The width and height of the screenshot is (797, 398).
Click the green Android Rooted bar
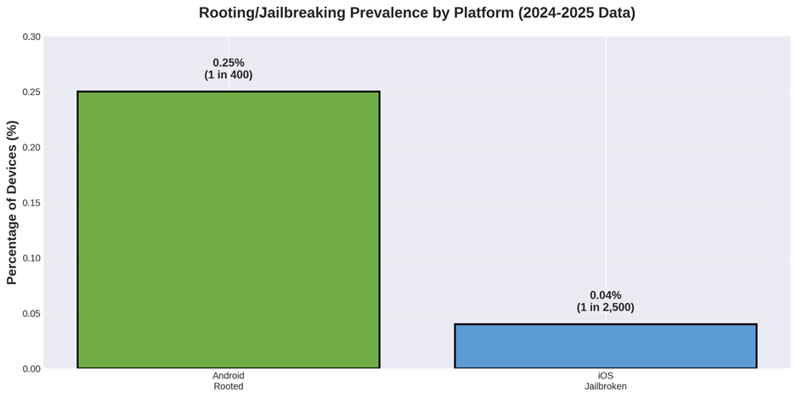[228, 229]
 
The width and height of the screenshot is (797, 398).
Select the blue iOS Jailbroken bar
[605, 345]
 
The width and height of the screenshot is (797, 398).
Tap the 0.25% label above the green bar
[229, 63]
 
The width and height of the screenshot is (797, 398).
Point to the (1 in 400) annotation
[229, 75]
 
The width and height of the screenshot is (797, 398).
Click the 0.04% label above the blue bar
[605, 295]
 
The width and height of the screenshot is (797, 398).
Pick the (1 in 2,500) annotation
[605, 307]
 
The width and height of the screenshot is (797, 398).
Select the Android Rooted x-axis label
[228, 381]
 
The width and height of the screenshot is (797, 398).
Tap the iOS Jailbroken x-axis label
[605, 381]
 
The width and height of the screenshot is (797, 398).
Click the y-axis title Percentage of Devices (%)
[12, 202]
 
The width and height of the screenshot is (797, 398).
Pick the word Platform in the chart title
[485, 13]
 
